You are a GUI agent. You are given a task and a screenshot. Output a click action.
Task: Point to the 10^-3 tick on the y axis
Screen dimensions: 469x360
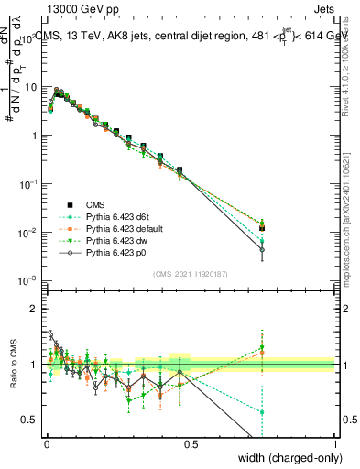tap(30, 280)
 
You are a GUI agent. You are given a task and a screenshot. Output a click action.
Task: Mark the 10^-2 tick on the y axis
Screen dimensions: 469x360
tap(30, 232)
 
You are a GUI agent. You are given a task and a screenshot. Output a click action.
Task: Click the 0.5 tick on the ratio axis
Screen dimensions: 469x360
tap(34, 420)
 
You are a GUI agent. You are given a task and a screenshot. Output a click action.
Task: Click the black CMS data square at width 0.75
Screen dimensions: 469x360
tap(262, 228)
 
